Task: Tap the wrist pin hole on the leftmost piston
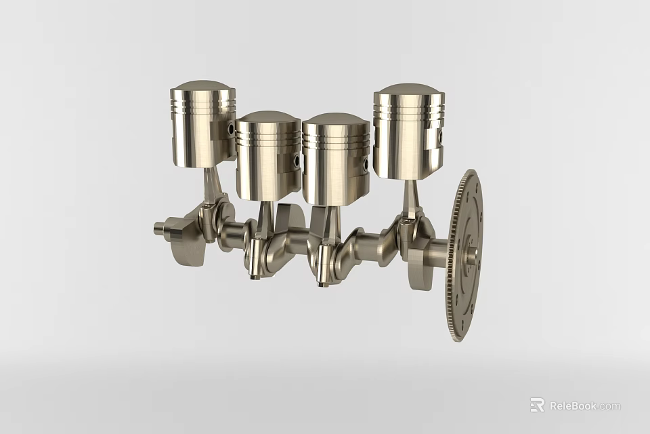point(232,129)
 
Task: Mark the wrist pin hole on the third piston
point(366,163)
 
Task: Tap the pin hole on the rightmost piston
point(441,138)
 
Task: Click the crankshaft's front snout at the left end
point(160,229)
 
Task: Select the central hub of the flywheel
point(472,256)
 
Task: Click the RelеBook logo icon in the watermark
point(537,405)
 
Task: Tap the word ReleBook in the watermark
point(573,406)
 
